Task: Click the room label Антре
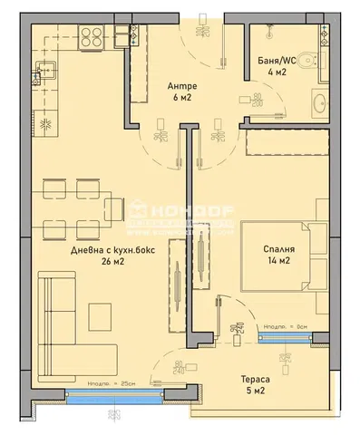(x=181, y=87)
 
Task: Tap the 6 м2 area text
(x=181, y=101)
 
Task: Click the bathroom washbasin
(x=318, y=104)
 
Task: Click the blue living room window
(x=112, y=395)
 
